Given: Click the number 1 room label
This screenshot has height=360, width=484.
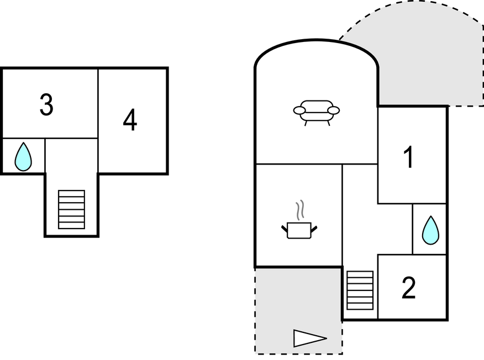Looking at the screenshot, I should (x=408, y=157).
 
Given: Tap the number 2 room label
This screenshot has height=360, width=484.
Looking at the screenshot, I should (x=408, y=288).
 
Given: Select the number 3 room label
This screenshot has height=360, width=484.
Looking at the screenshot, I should (x=46, y=105).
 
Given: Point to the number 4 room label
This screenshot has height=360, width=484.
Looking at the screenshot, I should (x=130, y=120).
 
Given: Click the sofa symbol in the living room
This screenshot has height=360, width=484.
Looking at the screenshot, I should (x=316, y=111).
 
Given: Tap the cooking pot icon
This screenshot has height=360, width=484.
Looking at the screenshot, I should (x=299, y=230).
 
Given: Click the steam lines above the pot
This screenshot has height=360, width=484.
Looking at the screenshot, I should (x=300, y=210).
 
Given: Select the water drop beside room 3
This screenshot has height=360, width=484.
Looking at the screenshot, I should (x=23, y=157).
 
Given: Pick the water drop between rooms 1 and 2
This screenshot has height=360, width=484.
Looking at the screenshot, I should (x=430, y=230).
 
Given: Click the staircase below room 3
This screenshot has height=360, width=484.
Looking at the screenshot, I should (x=72, y=209).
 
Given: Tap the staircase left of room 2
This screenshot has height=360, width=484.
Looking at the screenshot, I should (x=360, y=290).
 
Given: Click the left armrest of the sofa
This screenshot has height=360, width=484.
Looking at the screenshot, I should (x=299, y=110).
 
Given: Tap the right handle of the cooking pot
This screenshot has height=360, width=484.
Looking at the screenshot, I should (x=314, y=227).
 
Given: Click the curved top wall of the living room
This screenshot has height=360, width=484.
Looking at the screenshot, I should (x=317, y=41).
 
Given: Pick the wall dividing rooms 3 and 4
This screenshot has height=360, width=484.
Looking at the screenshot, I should (x=98, y=105).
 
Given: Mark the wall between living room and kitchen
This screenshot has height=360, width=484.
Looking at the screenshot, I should (x=298, y=164).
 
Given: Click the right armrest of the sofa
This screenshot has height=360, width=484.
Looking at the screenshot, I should (x=333, y=110).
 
